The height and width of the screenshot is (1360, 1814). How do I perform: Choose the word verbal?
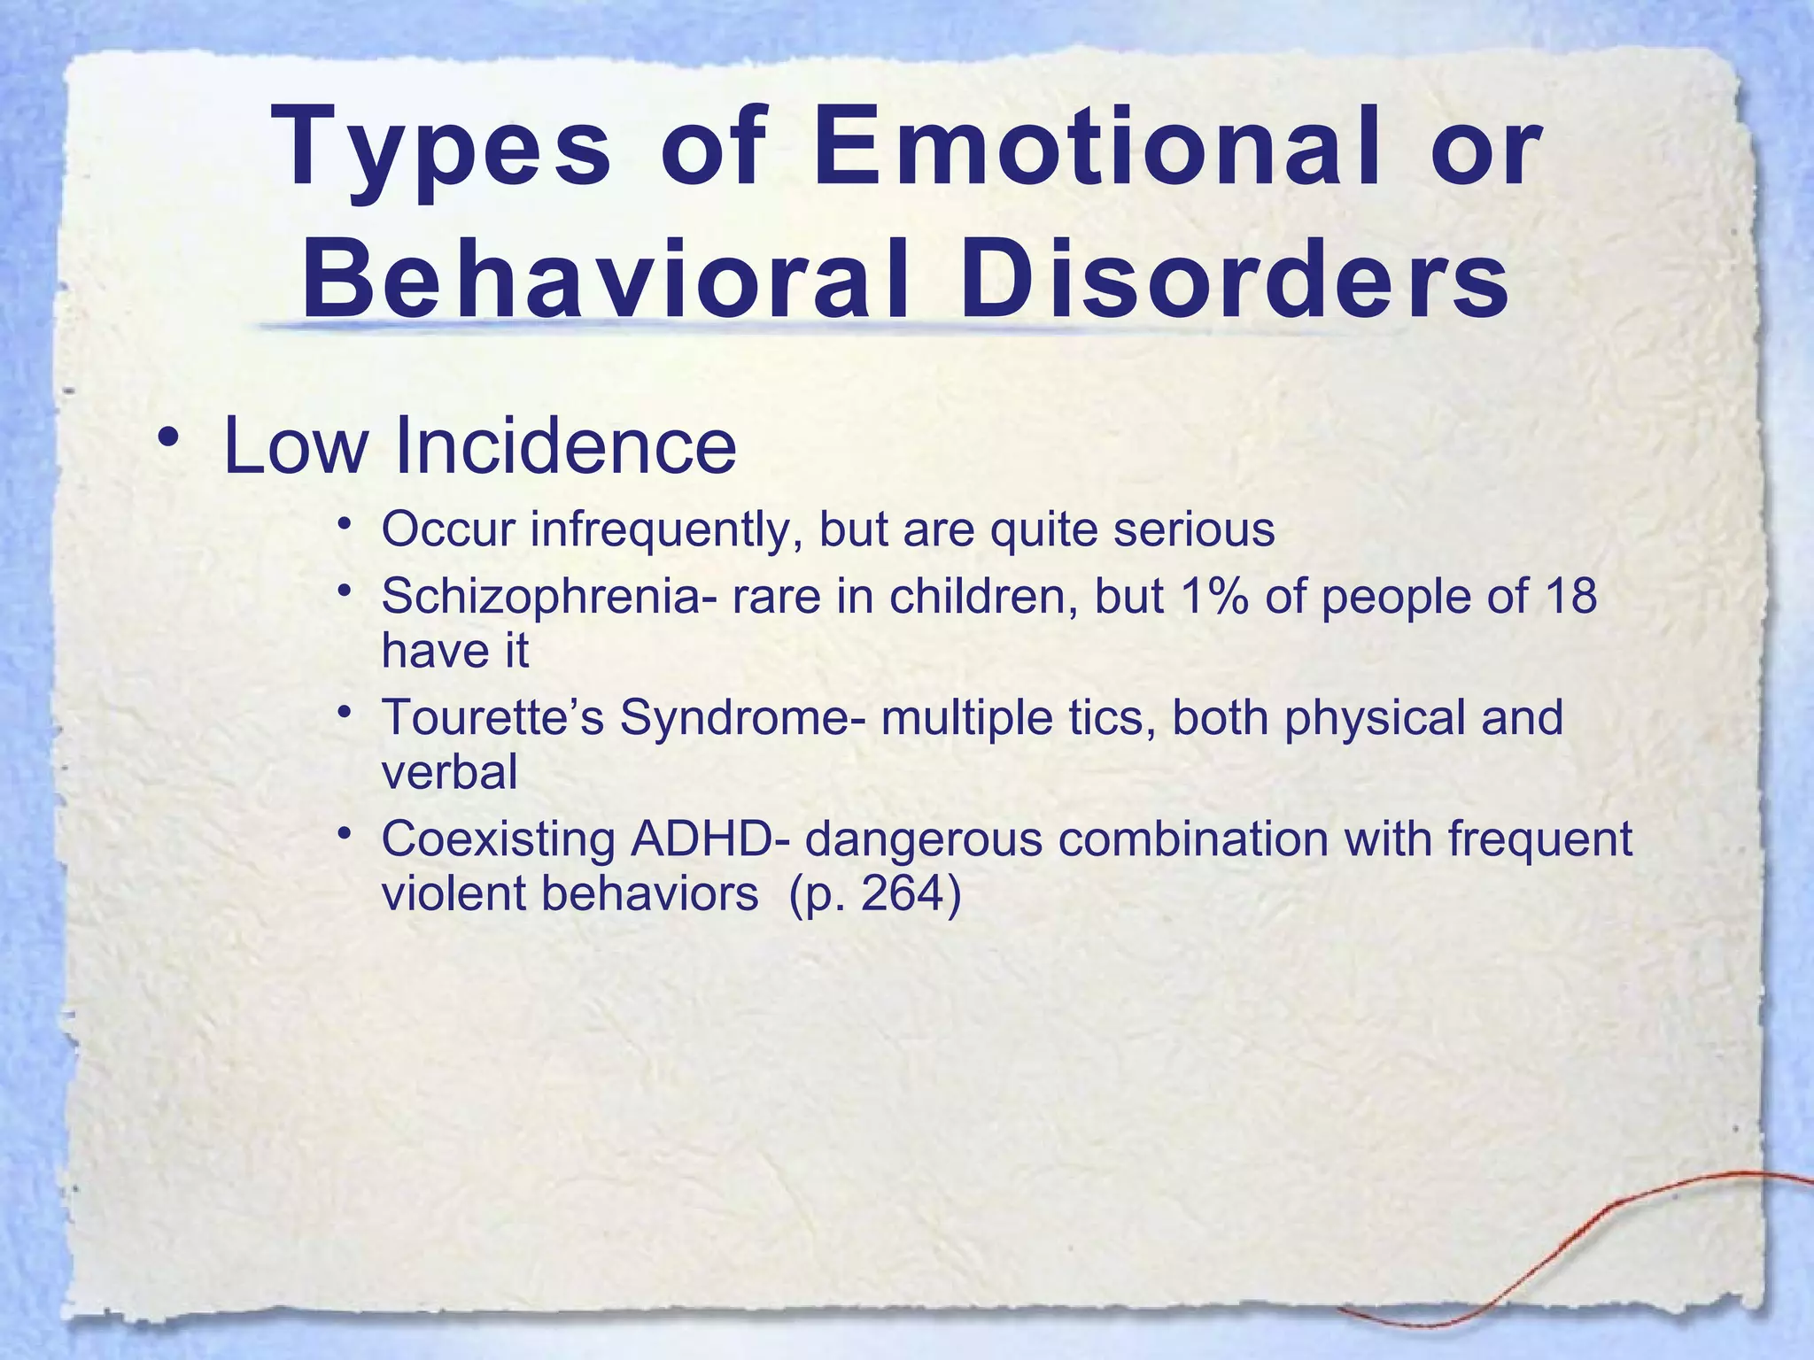coord(449,772)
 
